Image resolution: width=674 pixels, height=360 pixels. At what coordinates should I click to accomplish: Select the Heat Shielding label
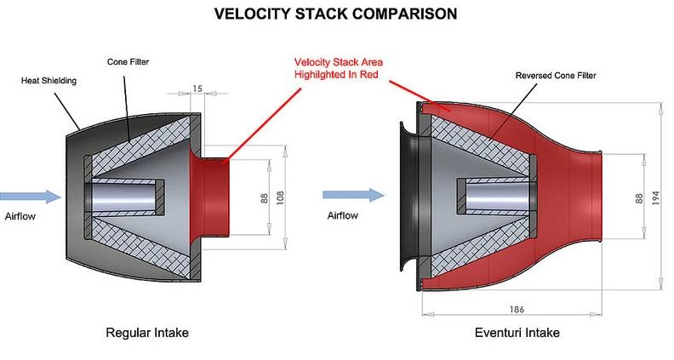coord(49,81)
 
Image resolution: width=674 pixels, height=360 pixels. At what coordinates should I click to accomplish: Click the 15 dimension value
coord(197,87)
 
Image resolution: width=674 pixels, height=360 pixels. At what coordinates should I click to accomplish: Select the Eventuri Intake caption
coord(517,332)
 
